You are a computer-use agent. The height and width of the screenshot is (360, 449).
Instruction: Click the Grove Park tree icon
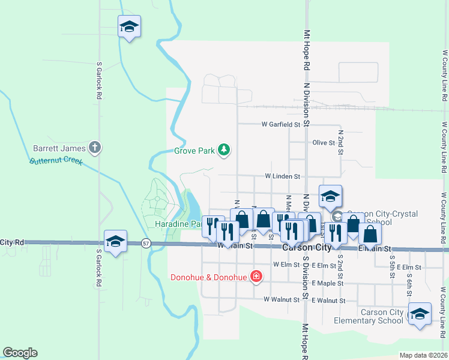coord(224,149)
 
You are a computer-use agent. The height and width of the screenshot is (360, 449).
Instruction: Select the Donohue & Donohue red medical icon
coord(256,277)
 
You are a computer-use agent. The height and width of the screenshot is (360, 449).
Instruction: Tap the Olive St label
coord(324,143)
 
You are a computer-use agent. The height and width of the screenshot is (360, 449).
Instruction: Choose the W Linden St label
coord(282,177)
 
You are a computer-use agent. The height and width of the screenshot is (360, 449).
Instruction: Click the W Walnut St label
coord(282,299)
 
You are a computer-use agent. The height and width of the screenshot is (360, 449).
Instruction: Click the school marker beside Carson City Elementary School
coord(420,313)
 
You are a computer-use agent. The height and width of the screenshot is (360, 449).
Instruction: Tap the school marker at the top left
coord(129,26)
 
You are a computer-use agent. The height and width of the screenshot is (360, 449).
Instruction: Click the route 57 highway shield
coord(146,243)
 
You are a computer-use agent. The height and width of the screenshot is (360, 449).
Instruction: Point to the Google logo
coord(20,353)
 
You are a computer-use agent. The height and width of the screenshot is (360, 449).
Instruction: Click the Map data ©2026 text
coord(424,355)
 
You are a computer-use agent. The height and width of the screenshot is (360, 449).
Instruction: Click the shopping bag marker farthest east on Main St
coord(370,234)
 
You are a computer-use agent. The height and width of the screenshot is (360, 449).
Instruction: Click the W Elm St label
coord(286,264)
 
